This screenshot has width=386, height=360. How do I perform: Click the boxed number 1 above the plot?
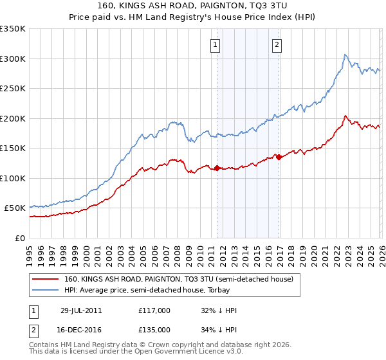click(214, 44)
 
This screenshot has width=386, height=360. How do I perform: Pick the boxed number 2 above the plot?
click(277, 44)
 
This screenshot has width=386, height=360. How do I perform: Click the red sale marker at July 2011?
click(217, 168)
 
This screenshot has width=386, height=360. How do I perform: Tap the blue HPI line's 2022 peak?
click(345, 55)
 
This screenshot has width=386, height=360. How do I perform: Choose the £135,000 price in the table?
click(154, 329)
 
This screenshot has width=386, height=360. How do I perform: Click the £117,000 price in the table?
click(154, 310)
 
